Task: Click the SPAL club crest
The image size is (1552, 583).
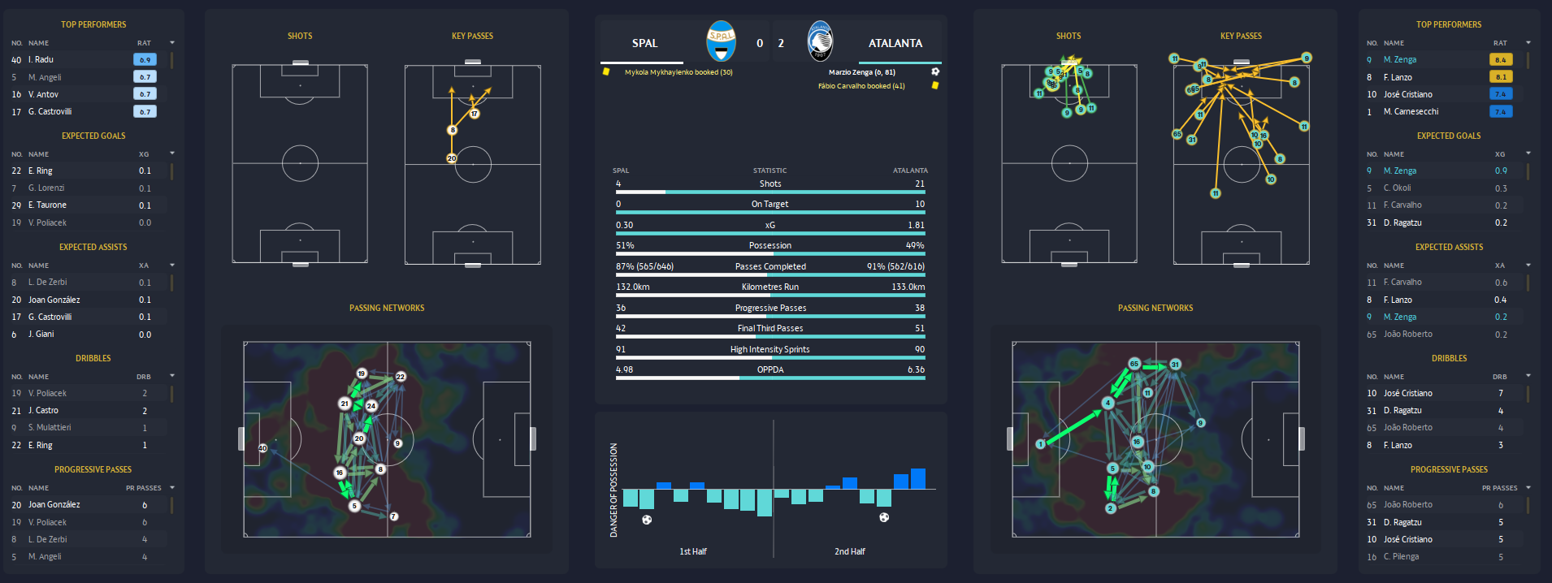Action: (x=721, y=41)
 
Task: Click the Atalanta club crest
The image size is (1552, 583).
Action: (x=820, y=41)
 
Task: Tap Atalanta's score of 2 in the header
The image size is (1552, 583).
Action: (x=781, y=43)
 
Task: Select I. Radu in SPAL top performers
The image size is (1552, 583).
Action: (x=41, y=59)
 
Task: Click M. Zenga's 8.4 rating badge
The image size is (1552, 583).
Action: (x=1500, y=59)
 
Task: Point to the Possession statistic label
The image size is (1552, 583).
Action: (x=769, y=245)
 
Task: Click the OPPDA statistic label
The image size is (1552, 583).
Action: (x=769, y=369)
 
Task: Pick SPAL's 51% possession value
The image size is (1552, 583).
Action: (x=625, y=245)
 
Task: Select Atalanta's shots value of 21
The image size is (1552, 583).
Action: (x=919, y=184)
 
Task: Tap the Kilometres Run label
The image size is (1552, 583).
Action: (x=769, y=287)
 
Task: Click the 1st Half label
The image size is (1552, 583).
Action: (x=693, y=551)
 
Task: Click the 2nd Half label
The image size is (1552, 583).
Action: (x=849, y=551)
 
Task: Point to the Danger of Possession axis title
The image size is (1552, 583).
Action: (x=613, y=490)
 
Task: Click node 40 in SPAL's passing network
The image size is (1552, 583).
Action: (x=262, y=447)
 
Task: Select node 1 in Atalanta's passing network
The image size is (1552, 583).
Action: (x=1040, y=444)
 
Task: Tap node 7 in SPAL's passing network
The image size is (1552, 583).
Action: (x=393, y=516)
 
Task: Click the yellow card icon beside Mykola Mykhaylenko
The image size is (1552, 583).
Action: (x=605, y=71)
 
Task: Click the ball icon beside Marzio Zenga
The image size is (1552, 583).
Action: (x=935, y=71)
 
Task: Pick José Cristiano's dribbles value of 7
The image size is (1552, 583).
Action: (x=1500, y=393)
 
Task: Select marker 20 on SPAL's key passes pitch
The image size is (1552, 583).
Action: (x=451, y=158)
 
